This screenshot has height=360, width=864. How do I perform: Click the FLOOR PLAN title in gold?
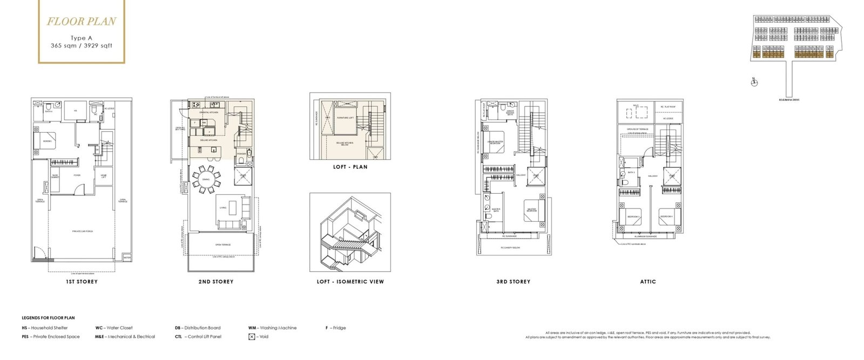pos(81,22)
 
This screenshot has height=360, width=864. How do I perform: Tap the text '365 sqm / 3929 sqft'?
pos(82,46)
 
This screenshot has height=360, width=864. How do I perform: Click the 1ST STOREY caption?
pos(82,282)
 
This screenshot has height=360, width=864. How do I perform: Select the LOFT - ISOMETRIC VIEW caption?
pos(350,282)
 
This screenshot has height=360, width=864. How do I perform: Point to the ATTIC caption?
pos(648,282)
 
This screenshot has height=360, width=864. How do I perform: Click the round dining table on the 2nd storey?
pos(206,181)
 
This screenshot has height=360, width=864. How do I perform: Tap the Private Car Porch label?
pos(83,231)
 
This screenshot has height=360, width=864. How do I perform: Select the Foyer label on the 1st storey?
pos(77,175)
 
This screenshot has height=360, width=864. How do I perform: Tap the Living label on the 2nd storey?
pos(223,207)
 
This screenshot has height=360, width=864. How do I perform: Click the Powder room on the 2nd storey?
pos(241,154)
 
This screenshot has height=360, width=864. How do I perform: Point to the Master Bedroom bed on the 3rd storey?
pos(532,210)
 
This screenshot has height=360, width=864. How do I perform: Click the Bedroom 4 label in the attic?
pos(666,216)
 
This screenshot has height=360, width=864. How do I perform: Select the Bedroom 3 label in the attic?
pos(633,216)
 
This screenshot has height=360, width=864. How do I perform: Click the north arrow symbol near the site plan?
pos(754,82)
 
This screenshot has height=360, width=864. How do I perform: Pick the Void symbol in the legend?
pos(252,337)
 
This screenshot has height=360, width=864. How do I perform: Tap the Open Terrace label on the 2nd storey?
pos(222,244)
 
